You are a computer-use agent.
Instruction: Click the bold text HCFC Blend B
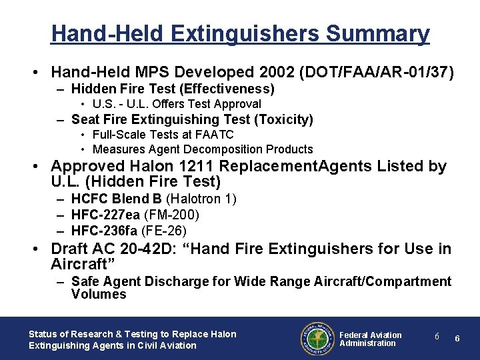click(x=117, y=199)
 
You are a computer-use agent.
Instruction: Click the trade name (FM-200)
click(x=175, y=215)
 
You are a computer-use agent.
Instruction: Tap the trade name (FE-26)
click(x=169, y=231)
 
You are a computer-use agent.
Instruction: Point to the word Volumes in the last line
click(x=99, y=294)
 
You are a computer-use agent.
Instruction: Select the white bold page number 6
click(x=457, y=339)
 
